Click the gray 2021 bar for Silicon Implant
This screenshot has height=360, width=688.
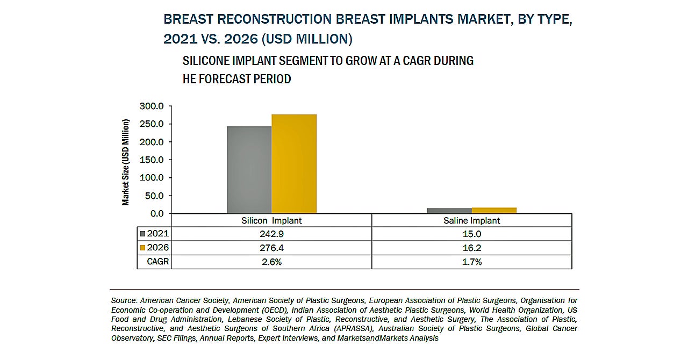click(x=249, y=170)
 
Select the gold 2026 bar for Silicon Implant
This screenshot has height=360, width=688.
click(x=294, y=164)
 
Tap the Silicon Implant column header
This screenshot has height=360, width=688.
click(x=271, y=220)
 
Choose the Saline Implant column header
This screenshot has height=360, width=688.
click(x=471, y=220)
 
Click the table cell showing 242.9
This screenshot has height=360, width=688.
click(x=271, y=234)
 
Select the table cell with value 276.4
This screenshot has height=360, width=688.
click(x=271, y=248)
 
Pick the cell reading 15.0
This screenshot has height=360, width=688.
click(x=471, y=234)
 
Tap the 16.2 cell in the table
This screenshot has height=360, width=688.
click(x=471, y=248)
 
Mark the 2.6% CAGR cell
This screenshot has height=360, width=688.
click(x=271, y=262)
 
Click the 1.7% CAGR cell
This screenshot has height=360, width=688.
click(x=471, y=262)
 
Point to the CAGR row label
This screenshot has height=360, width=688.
click(x=157, y=262)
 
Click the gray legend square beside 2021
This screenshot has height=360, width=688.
click(x=143, y=234)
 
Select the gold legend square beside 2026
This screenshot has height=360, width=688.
click(x=143, y=248)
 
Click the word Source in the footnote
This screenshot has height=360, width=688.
click(x=124, y=301)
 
